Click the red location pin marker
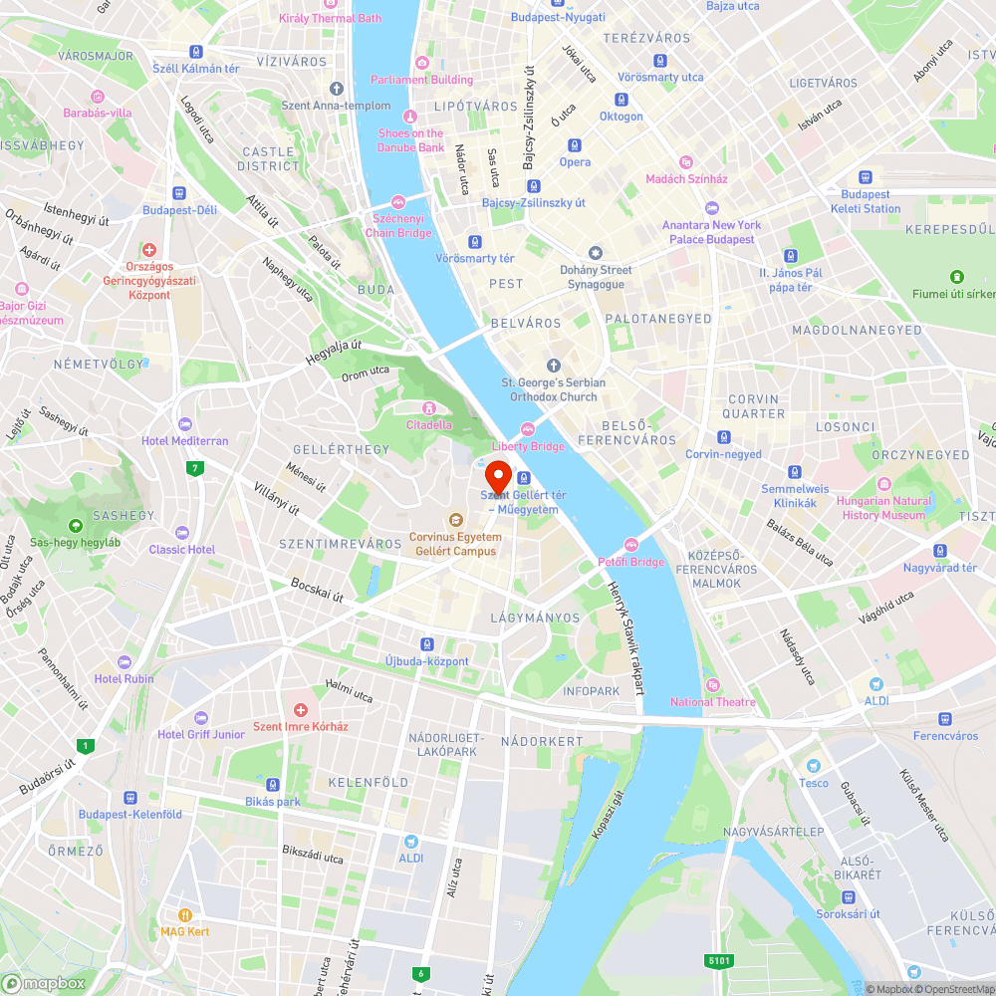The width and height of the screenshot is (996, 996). click(x=497, y=475)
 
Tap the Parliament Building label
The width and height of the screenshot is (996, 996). click(x=422, y=80)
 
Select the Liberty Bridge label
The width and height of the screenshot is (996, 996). click(x=528, y=446)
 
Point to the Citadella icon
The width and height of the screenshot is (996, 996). click(x=428, y=407)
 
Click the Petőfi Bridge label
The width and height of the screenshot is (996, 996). click(x=630, y=562)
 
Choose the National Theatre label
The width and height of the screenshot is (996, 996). click(x=713, y=701)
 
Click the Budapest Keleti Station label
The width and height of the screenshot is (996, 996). click(x=866, y=202)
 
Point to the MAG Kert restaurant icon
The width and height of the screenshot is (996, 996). click(x=184, y=914)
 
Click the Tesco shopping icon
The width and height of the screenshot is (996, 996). click(x=813, y=766)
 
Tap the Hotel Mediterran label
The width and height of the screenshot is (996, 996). click(x=185, y=440)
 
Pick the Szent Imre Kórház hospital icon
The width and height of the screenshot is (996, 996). click(x=300, y=709)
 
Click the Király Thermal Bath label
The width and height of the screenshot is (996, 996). click(x=330, y=18)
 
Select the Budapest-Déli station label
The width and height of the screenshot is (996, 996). click(x=179, y=210)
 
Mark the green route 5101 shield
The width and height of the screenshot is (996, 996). click(x=721, y=960)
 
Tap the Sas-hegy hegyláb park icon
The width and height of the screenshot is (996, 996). click(x=75, y=525)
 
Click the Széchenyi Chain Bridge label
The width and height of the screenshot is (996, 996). click(x=398, y=225)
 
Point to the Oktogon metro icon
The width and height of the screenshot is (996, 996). click(x=621, y=100)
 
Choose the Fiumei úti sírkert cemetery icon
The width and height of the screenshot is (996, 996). click(x=956, y=276)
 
